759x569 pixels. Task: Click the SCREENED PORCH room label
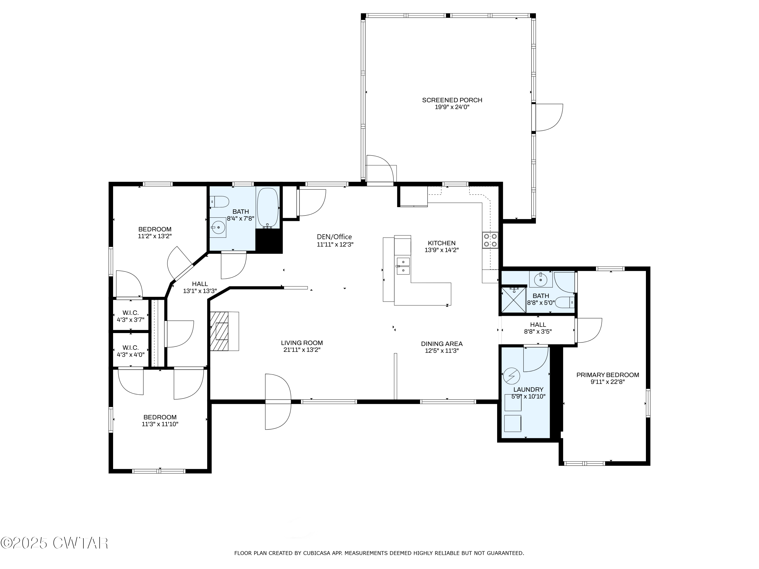(x=452, y=100)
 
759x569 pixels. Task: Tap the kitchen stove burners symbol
(x=490, y=240)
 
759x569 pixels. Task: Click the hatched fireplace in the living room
(x=220, y=331)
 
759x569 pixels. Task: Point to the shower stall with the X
(x=513, y=300)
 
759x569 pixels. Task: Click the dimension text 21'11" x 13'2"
(x=302, y=350)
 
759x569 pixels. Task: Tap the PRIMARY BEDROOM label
(x=607, y=375)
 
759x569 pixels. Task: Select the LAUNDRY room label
(x=528, y=390)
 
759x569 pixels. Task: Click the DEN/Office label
(x=334, y=237)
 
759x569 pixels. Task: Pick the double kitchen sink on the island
(x=403, y=266)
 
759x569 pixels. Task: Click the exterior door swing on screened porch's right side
(x=549, y=117)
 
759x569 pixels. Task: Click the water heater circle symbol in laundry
(x=511, y=376)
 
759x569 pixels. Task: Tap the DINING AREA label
(x=441, y=344)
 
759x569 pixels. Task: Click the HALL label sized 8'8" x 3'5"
(x=538, y=324)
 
